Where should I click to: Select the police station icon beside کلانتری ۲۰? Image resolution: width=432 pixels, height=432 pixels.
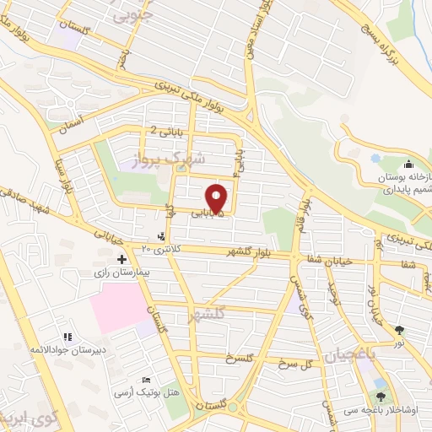(x=162, y=237)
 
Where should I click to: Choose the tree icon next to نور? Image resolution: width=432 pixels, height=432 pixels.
(x=399, y=331)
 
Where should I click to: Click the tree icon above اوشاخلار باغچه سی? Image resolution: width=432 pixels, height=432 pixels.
(x=382, y=397)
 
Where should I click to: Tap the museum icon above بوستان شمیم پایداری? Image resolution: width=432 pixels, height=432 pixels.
(x=408, y=163)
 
